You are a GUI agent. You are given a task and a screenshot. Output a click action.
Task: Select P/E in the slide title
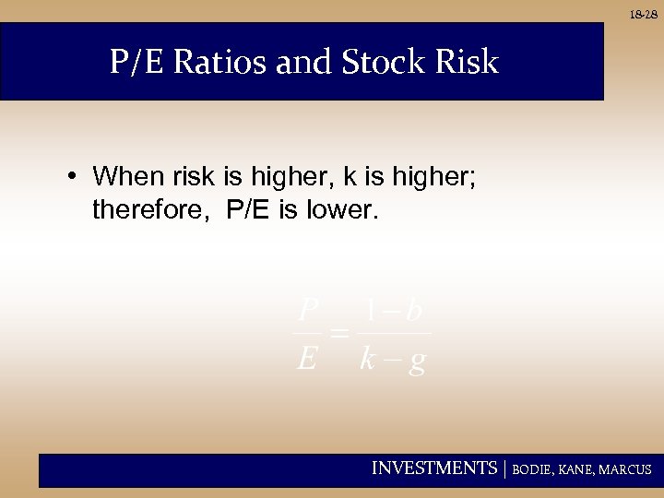pyautogui.click(x=137, y=63)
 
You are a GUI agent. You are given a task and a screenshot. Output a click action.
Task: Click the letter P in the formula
pyautogui.click(x=309, y=307)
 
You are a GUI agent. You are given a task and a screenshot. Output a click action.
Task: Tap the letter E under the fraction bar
pyautogui.click(x=307, y=358)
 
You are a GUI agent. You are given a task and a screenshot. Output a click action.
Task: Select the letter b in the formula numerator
pyautogui.click(x=413, y=307)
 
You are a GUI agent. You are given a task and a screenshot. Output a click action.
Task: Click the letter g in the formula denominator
pyautogui.click(x=417, y=361)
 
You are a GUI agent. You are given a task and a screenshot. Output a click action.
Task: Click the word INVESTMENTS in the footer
pyautogui.click(x=433, y=468)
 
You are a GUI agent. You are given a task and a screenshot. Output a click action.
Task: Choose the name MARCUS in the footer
pyautogui.click(x=625, y=469)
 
